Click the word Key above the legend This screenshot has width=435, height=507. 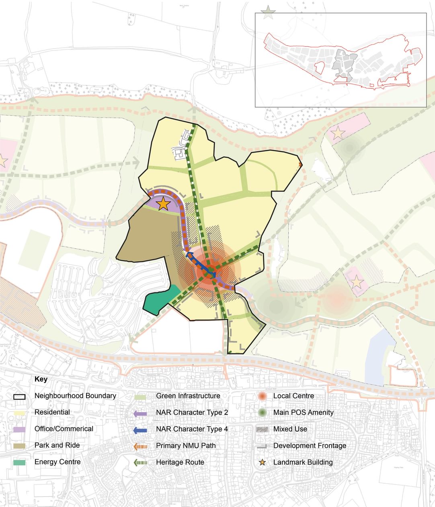click(41, 379)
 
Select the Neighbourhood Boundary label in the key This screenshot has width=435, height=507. click(75, 396)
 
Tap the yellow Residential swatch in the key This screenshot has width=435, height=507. click(19, 412)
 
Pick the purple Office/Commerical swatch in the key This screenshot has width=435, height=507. click(19, 429)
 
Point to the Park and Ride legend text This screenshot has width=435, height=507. click(57, 445)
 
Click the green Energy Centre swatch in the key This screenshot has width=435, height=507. click(19, 462)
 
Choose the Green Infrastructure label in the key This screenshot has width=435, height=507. click(188, 396)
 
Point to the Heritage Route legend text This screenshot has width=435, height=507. click(180, 462)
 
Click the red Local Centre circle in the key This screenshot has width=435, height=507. click(262, 396)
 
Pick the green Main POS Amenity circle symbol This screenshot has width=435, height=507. click(262, 412)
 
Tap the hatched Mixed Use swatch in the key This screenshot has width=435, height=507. click(262, 429)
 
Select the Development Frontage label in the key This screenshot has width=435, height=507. click(310, 445)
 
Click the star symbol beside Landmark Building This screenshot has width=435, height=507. click(262, 462)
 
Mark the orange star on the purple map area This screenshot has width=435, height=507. click(163, 204)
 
